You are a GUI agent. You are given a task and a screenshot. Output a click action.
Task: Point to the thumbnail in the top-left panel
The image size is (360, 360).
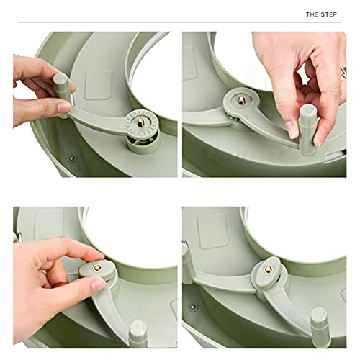[x=63, y=107]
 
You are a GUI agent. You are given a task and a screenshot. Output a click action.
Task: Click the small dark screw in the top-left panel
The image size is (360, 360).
[x=71, y=157]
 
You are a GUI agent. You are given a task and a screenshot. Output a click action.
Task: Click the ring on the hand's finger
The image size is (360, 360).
[x=344, y=71]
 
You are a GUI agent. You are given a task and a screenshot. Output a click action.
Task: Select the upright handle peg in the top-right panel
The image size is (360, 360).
[x=307, y=120]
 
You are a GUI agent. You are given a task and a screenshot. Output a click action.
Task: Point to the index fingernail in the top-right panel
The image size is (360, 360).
[x=292, y=130]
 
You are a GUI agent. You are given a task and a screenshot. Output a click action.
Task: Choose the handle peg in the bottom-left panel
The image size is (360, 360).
[x=138, y=337]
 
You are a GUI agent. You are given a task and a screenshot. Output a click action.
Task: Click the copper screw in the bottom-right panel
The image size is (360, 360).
[x=268, y=269]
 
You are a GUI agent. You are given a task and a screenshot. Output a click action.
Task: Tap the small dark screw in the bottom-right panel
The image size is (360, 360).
[x=192, y=306]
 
